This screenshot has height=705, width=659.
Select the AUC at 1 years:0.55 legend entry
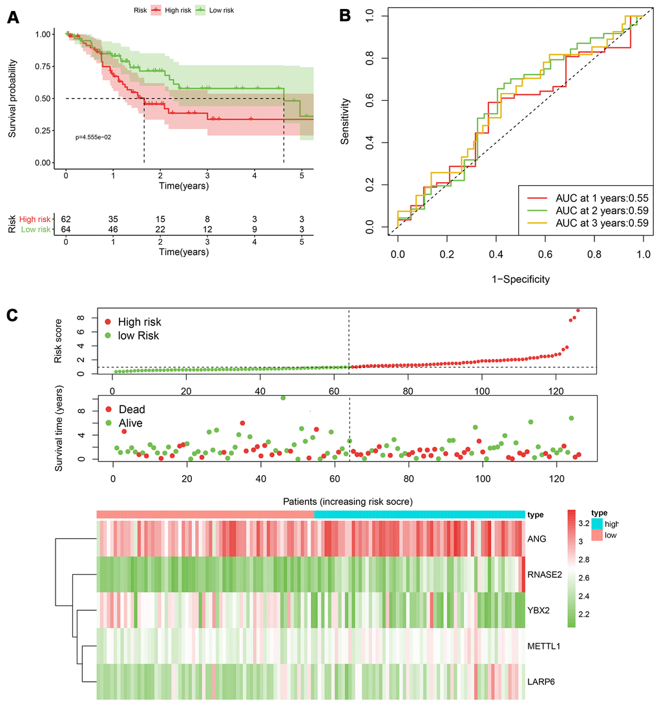pos(593,197)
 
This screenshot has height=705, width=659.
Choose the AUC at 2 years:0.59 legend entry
pos(593,210)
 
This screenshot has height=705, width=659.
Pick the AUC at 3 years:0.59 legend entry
pos(593,223)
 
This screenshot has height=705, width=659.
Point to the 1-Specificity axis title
pos(520,280)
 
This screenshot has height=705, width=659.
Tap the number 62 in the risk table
pos(66,219)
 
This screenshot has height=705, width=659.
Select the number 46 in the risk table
pos(113,229)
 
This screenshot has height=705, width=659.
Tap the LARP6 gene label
pos(541,681)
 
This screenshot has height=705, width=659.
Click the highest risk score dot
pos(578,311)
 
